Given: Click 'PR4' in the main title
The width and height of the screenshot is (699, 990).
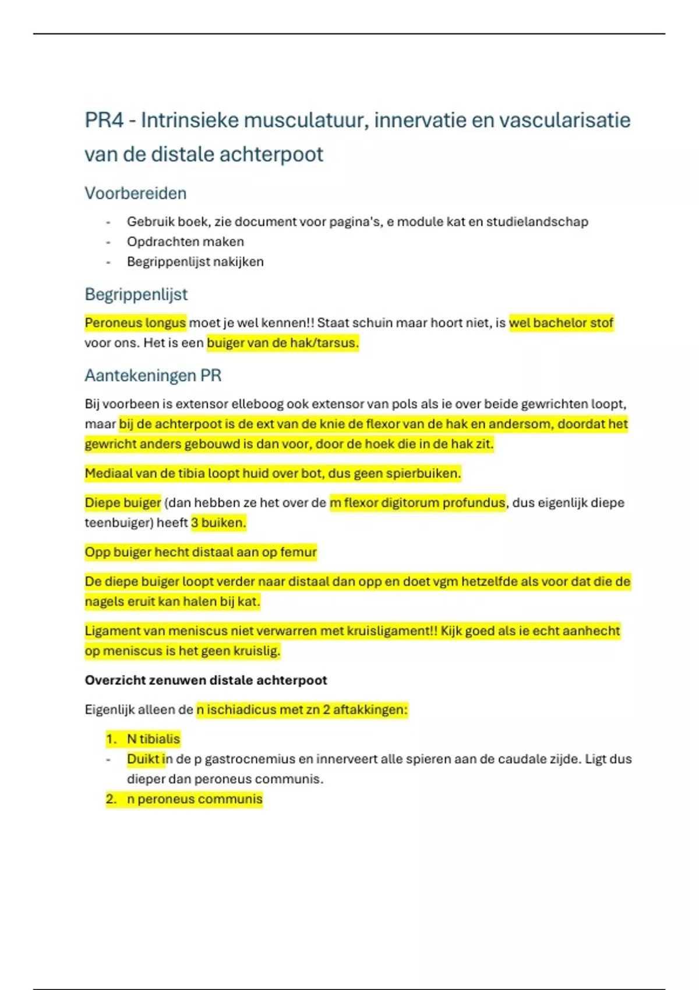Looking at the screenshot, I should point(104,120).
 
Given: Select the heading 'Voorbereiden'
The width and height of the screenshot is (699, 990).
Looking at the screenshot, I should point(135,193).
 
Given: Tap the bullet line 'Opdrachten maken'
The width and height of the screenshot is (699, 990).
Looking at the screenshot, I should point(185,242).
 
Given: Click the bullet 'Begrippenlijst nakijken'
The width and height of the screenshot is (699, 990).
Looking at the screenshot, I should point(195,261).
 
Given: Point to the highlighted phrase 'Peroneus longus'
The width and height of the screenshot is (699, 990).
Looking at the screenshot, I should point(135,323).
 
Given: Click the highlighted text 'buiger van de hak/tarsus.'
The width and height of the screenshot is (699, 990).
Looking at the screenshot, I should point(283,342).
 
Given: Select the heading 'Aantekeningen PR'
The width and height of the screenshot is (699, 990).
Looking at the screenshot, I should point(153,375).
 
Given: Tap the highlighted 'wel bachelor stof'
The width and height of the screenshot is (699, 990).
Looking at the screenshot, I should point(561,323).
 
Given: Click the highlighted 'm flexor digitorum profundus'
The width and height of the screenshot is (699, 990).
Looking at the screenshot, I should point(417,503).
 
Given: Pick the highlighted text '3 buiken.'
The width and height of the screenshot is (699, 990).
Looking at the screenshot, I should point(218,522).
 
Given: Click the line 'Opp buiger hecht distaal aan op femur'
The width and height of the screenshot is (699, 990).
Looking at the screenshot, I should point(200,552).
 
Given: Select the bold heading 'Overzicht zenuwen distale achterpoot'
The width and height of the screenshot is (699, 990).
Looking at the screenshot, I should point(206,680).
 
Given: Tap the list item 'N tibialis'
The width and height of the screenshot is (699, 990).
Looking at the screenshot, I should point(153,739).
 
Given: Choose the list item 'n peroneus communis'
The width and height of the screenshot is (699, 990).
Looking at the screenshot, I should point(195,799).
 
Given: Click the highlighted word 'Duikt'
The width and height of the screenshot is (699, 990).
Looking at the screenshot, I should point(143,759).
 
